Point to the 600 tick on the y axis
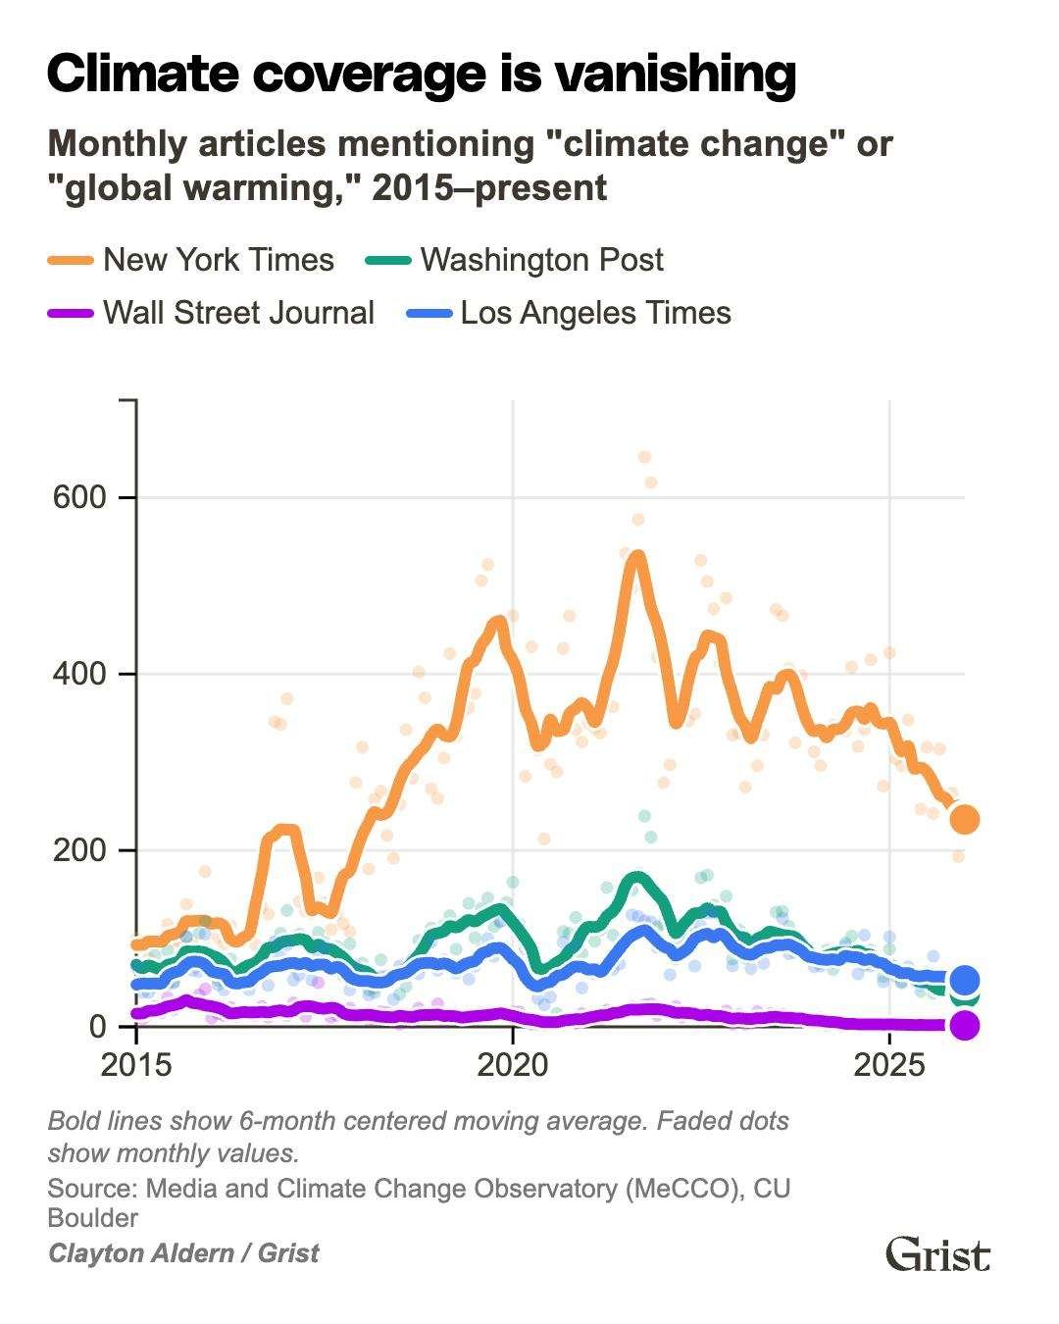[x=77, y=497]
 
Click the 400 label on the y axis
[x=77, y=674]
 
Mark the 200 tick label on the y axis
[x=77, y=850]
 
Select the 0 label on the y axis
[x=97, y=1027]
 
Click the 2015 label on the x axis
[x=135, y=1064]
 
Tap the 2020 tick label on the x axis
[x=512, y=1064]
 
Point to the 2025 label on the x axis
[x=889, y=1064]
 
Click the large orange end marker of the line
[x=965, y=819]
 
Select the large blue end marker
[x=965, y=979]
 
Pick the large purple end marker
[x=965, y=1026]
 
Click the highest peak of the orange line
[x=636, y=555]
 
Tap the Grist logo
[x=937, y=1254]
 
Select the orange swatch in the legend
[x=71, y=260]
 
